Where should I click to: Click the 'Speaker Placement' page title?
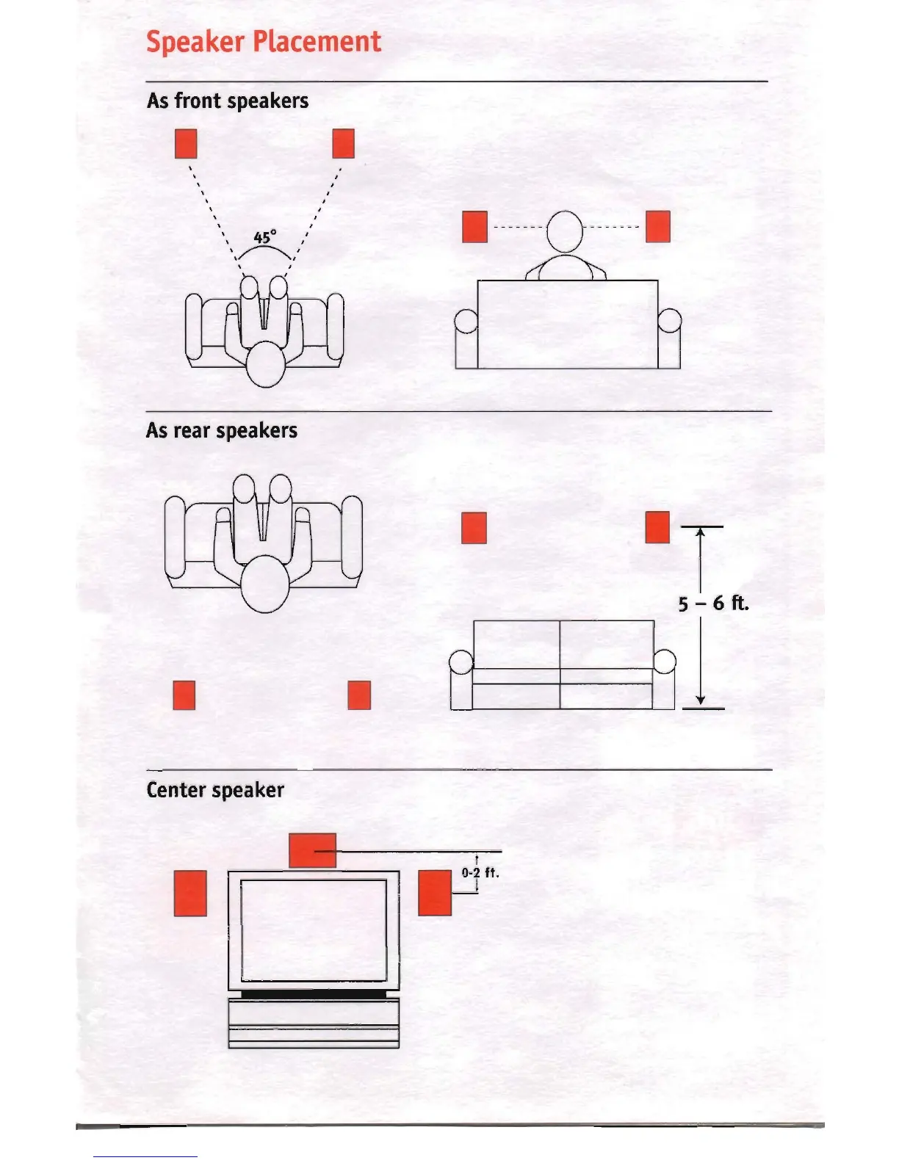pyautogui.click(x=264, y=42)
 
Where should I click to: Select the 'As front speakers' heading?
pyautogui.click(x=228, y=101)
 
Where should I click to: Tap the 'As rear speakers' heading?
pyautogui.click(x=222, y=430)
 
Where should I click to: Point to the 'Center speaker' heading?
pyautogui.click(x=215, y=790)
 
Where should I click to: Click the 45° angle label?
pyautogui.click(x=264, y=237)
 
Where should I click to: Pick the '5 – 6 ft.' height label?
pyautogui.click(x=712, y=604)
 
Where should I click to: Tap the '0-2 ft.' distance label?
pyautogui.click(x=480, y=873)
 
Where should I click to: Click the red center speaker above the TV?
pyautogui.click(x=313, y=850)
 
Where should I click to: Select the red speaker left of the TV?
pyautogui.click(x=190, y=893)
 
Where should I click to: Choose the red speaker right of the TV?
pyautogui.click(x=435, y=893)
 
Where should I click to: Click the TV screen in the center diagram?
pyautogui.click(x=314, y=930)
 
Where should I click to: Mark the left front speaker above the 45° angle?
pyautogui.click(x=187, y=144)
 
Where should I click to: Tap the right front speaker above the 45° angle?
pyautogui.click(x=343, y=144)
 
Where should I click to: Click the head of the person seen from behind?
pyautogui.click(x=565, y=231)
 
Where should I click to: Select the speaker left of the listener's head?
pyautogui.click(x=475, y=227)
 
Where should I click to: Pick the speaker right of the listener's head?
pyautogui.click(x=657, y=227)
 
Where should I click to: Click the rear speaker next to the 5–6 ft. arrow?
pyautogui.click(x=657, y=527)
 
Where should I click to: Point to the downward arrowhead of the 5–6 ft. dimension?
pyautogui.click(x=701, y=700)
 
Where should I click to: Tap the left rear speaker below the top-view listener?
pyautogui.click(x=184, y=695)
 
